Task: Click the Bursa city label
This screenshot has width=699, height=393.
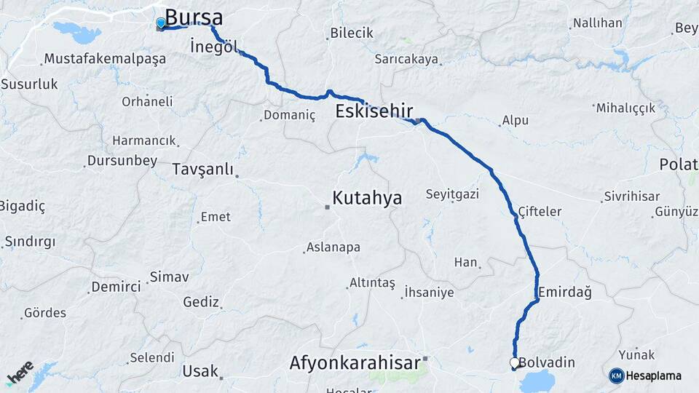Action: tap(194, 17)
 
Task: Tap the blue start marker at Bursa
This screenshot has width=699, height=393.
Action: tap(161, 23)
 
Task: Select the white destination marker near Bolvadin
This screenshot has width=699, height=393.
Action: tap(515, 362)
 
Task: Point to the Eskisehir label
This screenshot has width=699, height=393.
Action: tap(374, 111)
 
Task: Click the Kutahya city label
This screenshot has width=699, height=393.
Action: tap(367, 197)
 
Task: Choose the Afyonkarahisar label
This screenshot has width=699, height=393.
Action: tap(355, 362)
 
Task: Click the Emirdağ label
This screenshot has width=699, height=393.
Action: tap(564, 293)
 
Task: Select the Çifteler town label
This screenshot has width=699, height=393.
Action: tap(540, 211)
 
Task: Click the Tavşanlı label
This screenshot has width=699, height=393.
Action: tap(203, 170)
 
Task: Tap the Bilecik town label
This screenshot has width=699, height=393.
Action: tap(351, 33)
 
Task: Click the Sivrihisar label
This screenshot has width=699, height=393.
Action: tap(631, 196)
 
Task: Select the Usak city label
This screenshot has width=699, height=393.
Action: tap(200, 371)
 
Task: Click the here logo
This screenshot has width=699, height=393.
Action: tap(20, 373)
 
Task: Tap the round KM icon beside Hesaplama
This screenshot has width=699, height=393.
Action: tap(616, 376)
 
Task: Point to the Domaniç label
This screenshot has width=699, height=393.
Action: tap(289, 115)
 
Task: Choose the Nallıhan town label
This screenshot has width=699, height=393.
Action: tap(597, 23)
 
